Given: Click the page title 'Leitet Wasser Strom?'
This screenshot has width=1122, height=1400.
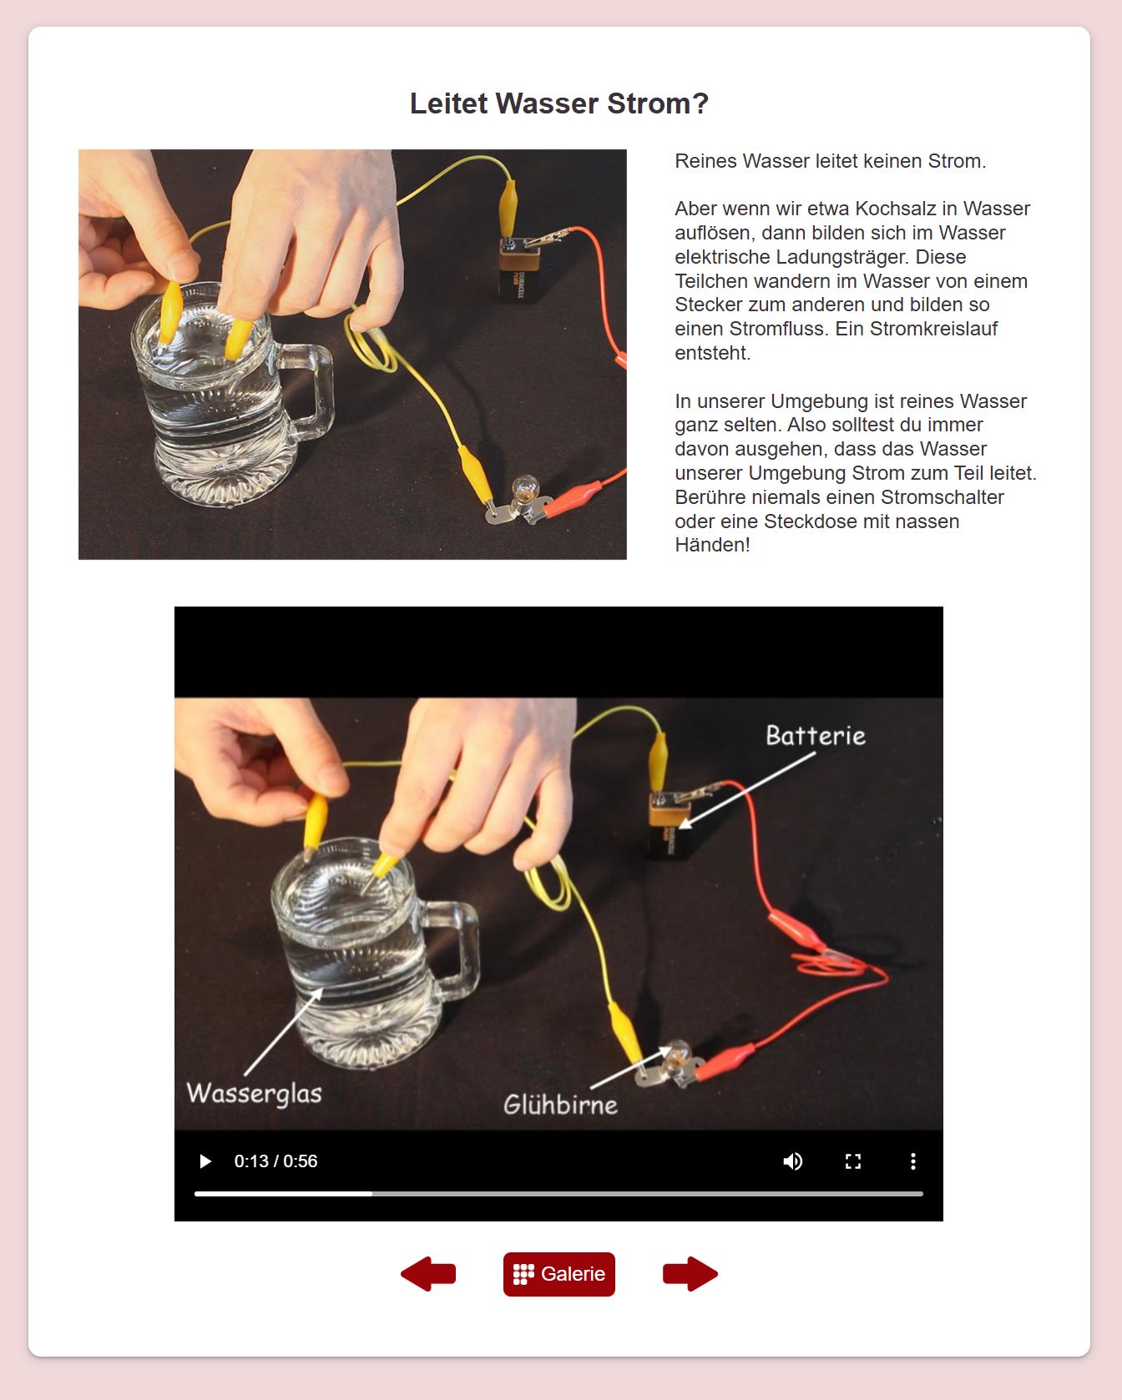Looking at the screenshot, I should pos(558,103).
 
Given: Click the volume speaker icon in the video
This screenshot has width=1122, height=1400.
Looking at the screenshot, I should pos(792,1161).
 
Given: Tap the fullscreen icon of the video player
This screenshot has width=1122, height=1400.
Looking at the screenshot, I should pos(852,1161).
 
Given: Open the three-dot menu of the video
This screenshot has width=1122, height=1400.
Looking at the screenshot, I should pos(912,1161).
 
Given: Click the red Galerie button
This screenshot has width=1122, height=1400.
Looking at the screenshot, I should pos(558,1274).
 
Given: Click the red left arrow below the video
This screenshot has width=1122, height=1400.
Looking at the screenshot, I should pos(428,1274).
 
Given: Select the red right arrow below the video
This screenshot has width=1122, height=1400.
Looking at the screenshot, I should pos(690,1274).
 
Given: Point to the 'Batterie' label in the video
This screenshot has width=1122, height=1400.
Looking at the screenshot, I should pos(815,736).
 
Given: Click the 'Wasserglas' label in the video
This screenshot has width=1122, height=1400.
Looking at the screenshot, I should pos(254,1093).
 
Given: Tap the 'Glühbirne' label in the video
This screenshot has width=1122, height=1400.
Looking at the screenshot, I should pos(560,1105).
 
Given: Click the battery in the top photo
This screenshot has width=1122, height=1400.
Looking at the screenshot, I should pos(519,271).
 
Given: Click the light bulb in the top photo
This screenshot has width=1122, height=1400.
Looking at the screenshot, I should pos(525,489).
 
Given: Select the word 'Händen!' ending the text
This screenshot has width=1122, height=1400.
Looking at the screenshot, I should pos(712,545).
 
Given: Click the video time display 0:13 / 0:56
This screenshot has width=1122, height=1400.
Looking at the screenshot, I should pos(275,1161).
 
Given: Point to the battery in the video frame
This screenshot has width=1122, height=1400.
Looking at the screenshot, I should pos(669,827).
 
